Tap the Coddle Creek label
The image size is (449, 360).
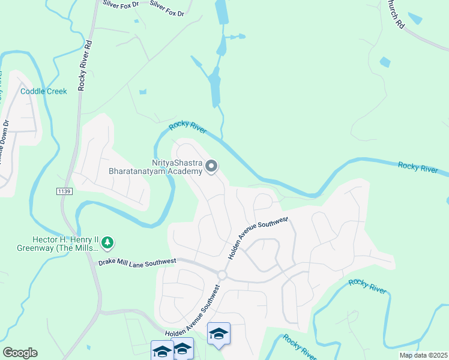[44, 91]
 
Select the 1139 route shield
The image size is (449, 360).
[64, 191]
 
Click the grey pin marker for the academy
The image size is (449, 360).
[211, 167]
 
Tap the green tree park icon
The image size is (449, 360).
[108, 242]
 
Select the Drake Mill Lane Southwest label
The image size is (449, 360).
[137, 262]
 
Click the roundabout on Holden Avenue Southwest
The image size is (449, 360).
[221, 275]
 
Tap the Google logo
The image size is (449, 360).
[20, 353]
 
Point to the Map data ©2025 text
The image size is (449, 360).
[422, 355]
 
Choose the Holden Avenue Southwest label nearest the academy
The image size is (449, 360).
[258, 238]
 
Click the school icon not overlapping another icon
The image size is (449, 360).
[218, 335]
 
